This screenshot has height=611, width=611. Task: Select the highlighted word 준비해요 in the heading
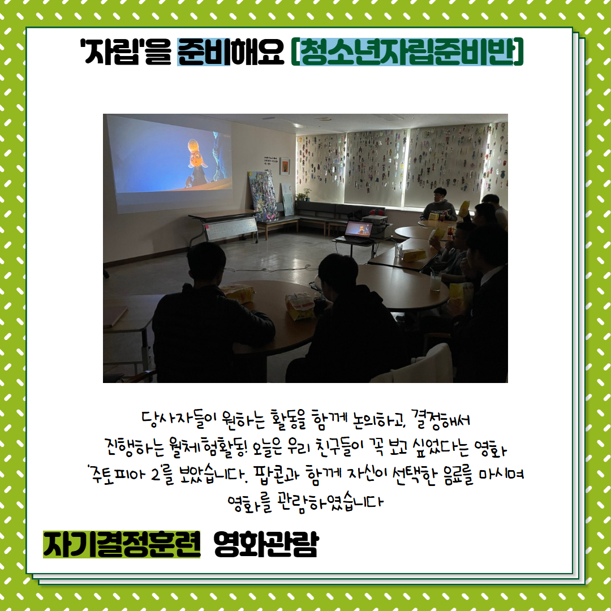[231, 51]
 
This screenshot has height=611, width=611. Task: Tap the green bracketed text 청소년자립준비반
[407, 51]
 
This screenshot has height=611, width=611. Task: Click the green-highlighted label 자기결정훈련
[122, 544]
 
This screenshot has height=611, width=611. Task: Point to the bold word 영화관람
[266, 544]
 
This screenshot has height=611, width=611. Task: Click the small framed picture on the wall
[285, 166]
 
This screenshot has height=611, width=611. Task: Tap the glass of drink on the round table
[435, 281]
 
